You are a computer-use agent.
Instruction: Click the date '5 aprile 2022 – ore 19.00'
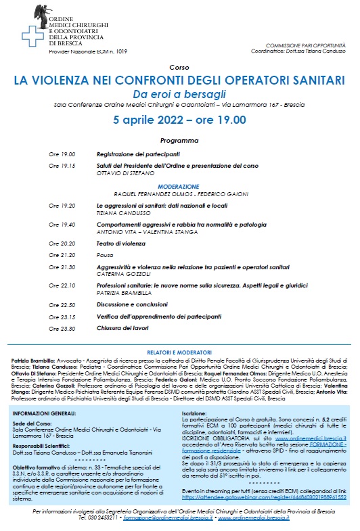[179, 120]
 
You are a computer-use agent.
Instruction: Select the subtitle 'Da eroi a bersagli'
[179, 93]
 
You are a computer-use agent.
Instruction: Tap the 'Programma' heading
[179, 141]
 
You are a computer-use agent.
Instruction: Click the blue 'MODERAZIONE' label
[179, 185]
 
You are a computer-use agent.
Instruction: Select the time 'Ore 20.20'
[62, 243]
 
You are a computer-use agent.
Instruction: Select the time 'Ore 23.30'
[62, 329]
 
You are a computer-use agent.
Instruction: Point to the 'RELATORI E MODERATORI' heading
[179, 353]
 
